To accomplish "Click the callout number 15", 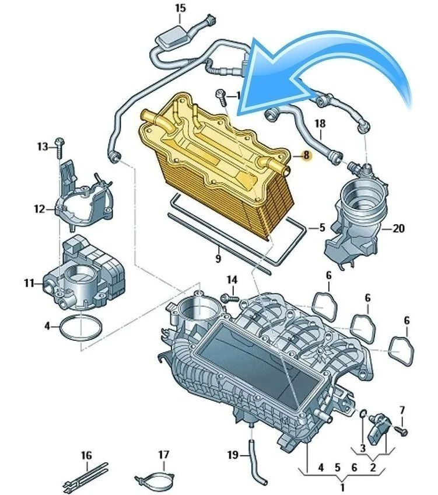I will click(x=180, y=8).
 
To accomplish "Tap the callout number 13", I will click(x=43, y=146).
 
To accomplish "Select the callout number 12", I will click(x=39, y=208).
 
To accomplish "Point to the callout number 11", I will click(x=30, y=284).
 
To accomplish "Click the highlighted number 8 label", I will click(x=304, y=156).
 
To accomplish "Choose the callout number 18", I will click(x=320, y=124).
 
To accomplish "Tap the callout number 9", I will click(x=218, y=257).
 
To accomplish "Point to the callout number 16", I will click(x=86, y=455).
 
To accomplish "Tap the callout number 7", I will click(x=402, y=410).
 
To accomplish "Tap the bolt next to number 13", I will click(x=59, y=147).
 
